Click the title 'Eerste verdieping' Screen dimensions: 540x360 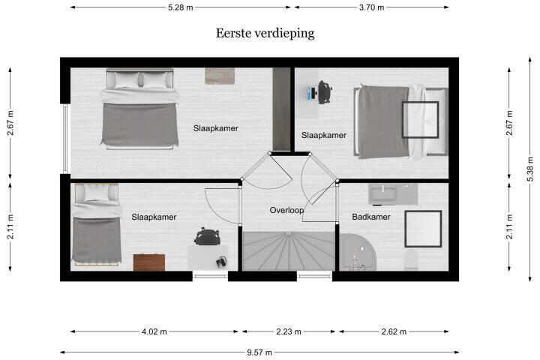[265, 34]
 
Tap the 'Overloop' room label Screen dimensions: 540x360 [286, 210]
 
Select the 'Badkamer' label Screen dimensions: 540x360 [371, 217]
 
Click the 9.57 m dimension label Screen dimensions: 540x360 [259, 352]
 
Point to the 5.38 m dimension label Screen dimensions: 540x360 [530, 169]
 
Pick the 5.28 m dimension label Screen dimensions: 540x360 [181, 7]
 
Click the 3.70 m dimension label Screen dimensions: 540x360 [371, 7]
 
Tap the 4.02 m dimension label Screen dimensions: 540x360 [154, 331]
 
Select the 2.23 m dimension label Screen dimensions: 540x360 [289, 331]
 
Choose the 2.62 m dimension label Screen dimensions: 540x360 [394, 331]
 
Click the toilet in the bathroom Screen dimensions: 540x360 [411, 260]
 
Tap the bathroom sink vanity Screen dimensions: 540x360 [393, 194]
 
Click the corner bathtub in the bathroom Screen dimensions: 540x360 [358, 253]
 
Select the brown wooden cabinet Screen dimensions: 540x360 [149, 262]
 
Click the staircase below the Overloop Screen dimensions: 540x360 [289, 251]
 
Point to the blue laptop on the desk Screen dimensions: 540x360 [312, 93]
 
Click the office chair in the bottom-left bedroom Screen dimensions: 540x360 [207, 237]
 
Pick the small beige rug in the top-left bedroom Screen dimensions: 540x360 [220, 76]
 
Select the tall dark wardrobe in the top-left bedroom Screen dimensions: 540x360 [282, 109]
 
